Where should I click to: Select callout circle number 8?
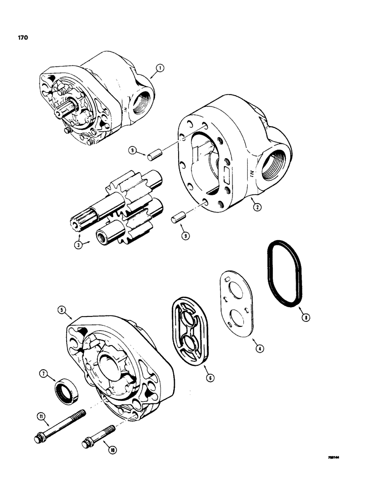[306, 318]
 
